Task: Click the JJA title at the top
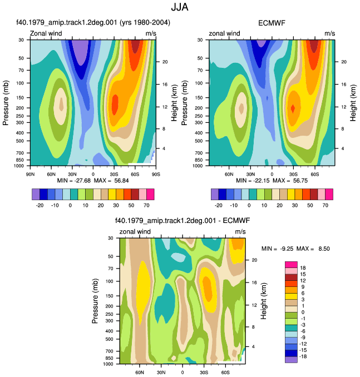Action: pos(180,7)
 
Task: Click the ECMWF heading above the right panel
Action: pos(272,23)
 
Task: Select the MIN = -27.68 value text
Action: pos(74,181)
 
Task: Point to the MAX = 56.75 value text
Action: pos(290,181)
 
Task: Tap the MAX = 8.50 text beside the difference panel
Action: pos(313,249)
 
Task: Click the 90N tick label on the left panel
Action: pos(30,174)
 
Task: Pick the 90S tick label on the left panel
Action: pos(156,174)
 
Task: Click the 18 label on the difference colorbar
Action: pos(303,268)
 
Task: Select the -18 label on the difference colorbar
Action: pos(303,356)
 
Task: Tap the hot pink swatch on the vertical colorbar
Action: pos(291,265)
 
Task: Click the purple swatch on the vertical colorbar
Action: pos(291,360)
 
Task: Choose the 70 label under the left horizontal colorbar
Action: pos(146,205)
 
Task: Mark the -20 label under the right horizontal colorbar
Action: pos(218,205)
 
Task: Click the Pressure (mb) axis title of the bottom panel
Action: pos(95,301)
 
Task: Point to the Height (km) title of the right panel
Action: pos(353,103)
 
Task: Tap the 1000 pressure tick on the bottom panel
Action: pos(108,364)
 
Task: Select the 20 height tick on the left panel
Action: pos(165,62)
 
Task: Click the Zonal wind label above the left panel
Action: pos(46,33)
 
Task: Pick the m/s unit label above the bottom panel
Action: pos(240,231)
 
